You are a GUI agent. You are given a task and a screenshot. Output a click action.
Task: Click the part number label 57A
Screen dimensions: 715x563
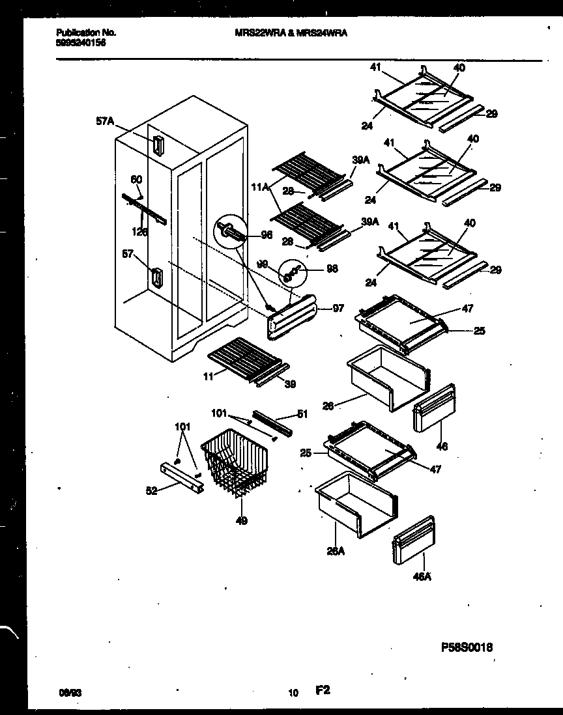point(105,120)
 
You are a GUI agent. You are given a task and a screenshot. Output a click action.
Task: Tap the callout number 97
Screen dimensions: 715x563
point(338,309)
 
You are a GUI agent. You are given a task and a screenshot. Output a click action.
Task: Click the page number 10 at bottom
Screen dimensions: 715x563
point(294,693)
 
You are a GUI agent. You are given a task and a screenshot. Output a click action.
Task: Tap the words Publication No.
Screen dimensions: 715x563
point(77,32)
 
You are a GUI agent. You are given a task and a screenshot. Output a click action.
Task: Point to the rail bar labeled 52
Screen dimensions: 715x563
point(179,477)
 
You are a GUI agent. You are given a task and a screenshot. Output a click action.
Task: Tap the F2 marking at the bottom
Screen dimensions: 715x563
point(323,690)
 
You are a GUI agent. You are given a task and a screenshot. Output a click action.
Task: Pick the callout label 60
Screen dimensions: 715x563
point(136,179)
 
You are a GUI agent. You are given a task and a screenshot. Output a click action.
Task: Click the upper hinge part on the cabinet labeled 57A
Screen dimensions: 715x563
point(158,145)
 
